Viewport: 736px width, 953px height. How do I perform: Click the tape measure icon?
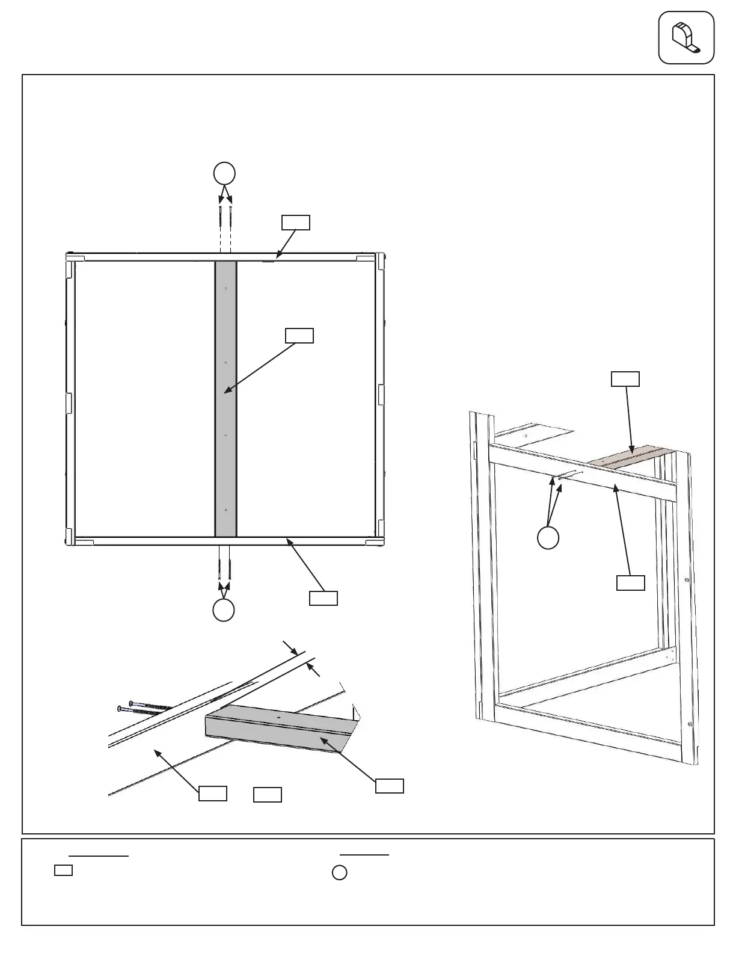click(686, 37)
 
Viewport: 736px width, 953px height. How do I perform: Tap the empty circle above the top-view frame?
click(224, 174)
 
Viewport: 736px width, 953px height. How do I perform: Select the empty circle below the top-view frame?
click(224, 610)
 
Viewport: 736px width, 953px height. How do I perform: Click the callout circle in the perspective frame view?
click(548, 537)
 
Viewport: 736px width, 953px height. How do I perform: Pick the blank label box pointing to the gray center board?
click(299, 336)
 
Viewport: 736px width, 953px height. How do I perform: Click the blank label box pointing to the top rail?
click(296, 222)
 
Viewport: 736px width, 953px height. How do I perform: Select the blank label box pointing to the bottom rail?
click(323, 598)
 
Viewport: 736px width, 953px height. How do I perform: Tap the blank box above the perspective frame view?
click(625, 379)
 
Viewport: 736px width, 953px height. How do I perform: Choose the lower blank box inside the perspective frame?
click(631, 583)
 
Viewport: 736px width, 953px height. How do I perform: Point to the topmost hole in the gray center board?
click(225, 289)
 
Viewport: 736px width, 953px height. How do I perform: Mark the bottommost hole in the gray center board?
click(225, 510)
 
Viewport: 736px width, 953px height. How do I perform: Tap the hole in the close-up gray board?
click(279, 717)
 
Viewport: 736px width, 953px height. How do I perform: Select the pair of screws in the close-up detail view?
click(144, 708)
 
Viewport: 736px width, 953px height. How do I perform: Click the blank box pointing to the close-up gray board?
click(390, 786)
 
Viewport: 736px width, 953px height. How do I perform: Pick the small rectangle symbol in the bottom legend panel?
click(64, 870)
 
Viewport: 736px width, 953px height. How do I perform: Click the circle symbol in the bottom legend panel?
click(340, 872)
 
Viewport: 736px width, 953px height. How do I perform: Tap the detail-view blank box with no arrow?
click(268, 794)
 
